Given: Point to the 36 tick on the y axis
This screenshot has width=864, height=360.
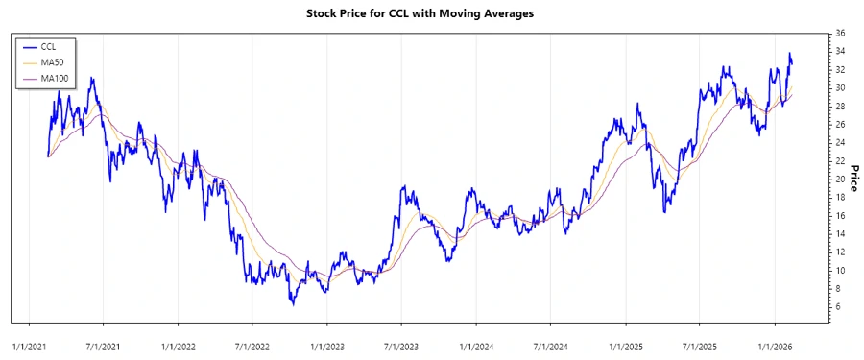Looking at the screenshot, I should pyautogui.click(x=840, y=34).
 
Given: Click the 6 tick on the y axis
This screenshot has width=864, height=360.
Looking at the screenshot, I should pyautogui.click(x=837, y=307).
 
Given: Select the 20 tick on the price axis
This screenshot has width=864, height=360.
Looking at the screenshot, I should pyautogui.click(x=840, y=180).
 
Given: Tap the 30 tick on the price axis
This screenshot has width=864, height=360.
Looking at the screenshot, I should pyautogui.click(x=840, y=88).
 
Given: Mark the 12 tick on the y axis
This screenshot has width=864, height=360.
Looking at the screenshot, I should pyautogui.click(x=840, y=252).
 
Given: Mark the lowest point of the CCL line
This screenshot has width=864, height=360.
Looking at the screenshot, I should pyautogui.click(x=293, y=304).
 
